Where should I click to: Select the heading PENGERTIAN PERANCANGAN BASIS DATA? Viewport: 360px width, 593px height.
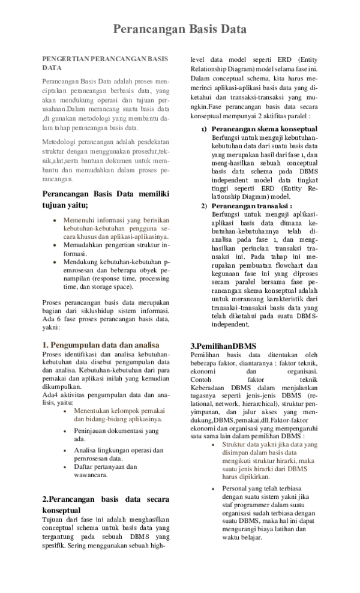coord(104,64)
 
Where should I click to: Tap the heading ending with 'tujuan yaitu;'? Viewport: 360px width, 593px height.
coord(106,199)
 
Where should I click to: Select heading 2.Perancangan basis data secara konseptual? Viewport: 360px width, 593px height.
coord(106,504)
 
